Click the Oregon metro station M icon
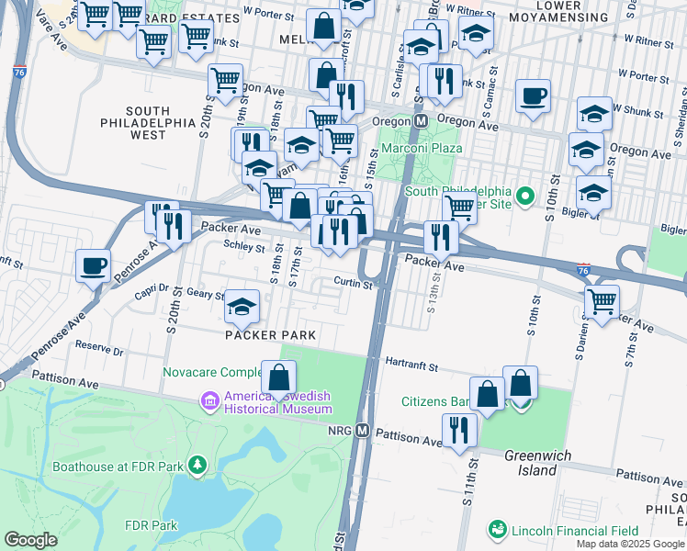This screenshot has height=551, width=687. tap(422, 121)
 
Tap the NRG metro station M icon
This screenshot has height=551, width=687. tap(363, 430)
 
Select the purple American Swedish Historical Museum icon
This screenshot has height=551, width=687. tap(210, 400)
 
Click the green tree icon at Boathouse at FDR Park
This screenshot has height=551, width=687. tap(196, 465)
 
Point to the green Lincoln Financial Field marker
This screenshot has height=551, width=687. tap(497, 529)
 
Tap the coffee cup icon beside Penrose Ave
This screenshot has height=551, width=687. tap(93, 266)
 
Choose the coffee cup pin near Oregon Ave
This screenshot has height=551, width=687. tap(533, 96)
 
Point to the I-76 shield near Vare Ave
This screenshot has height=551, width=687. tap(19, 73)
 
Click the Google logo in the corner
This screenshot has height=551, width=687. tap(31, 540)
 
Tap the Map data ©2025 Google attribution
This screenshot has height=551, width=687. tap(629, 544)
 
